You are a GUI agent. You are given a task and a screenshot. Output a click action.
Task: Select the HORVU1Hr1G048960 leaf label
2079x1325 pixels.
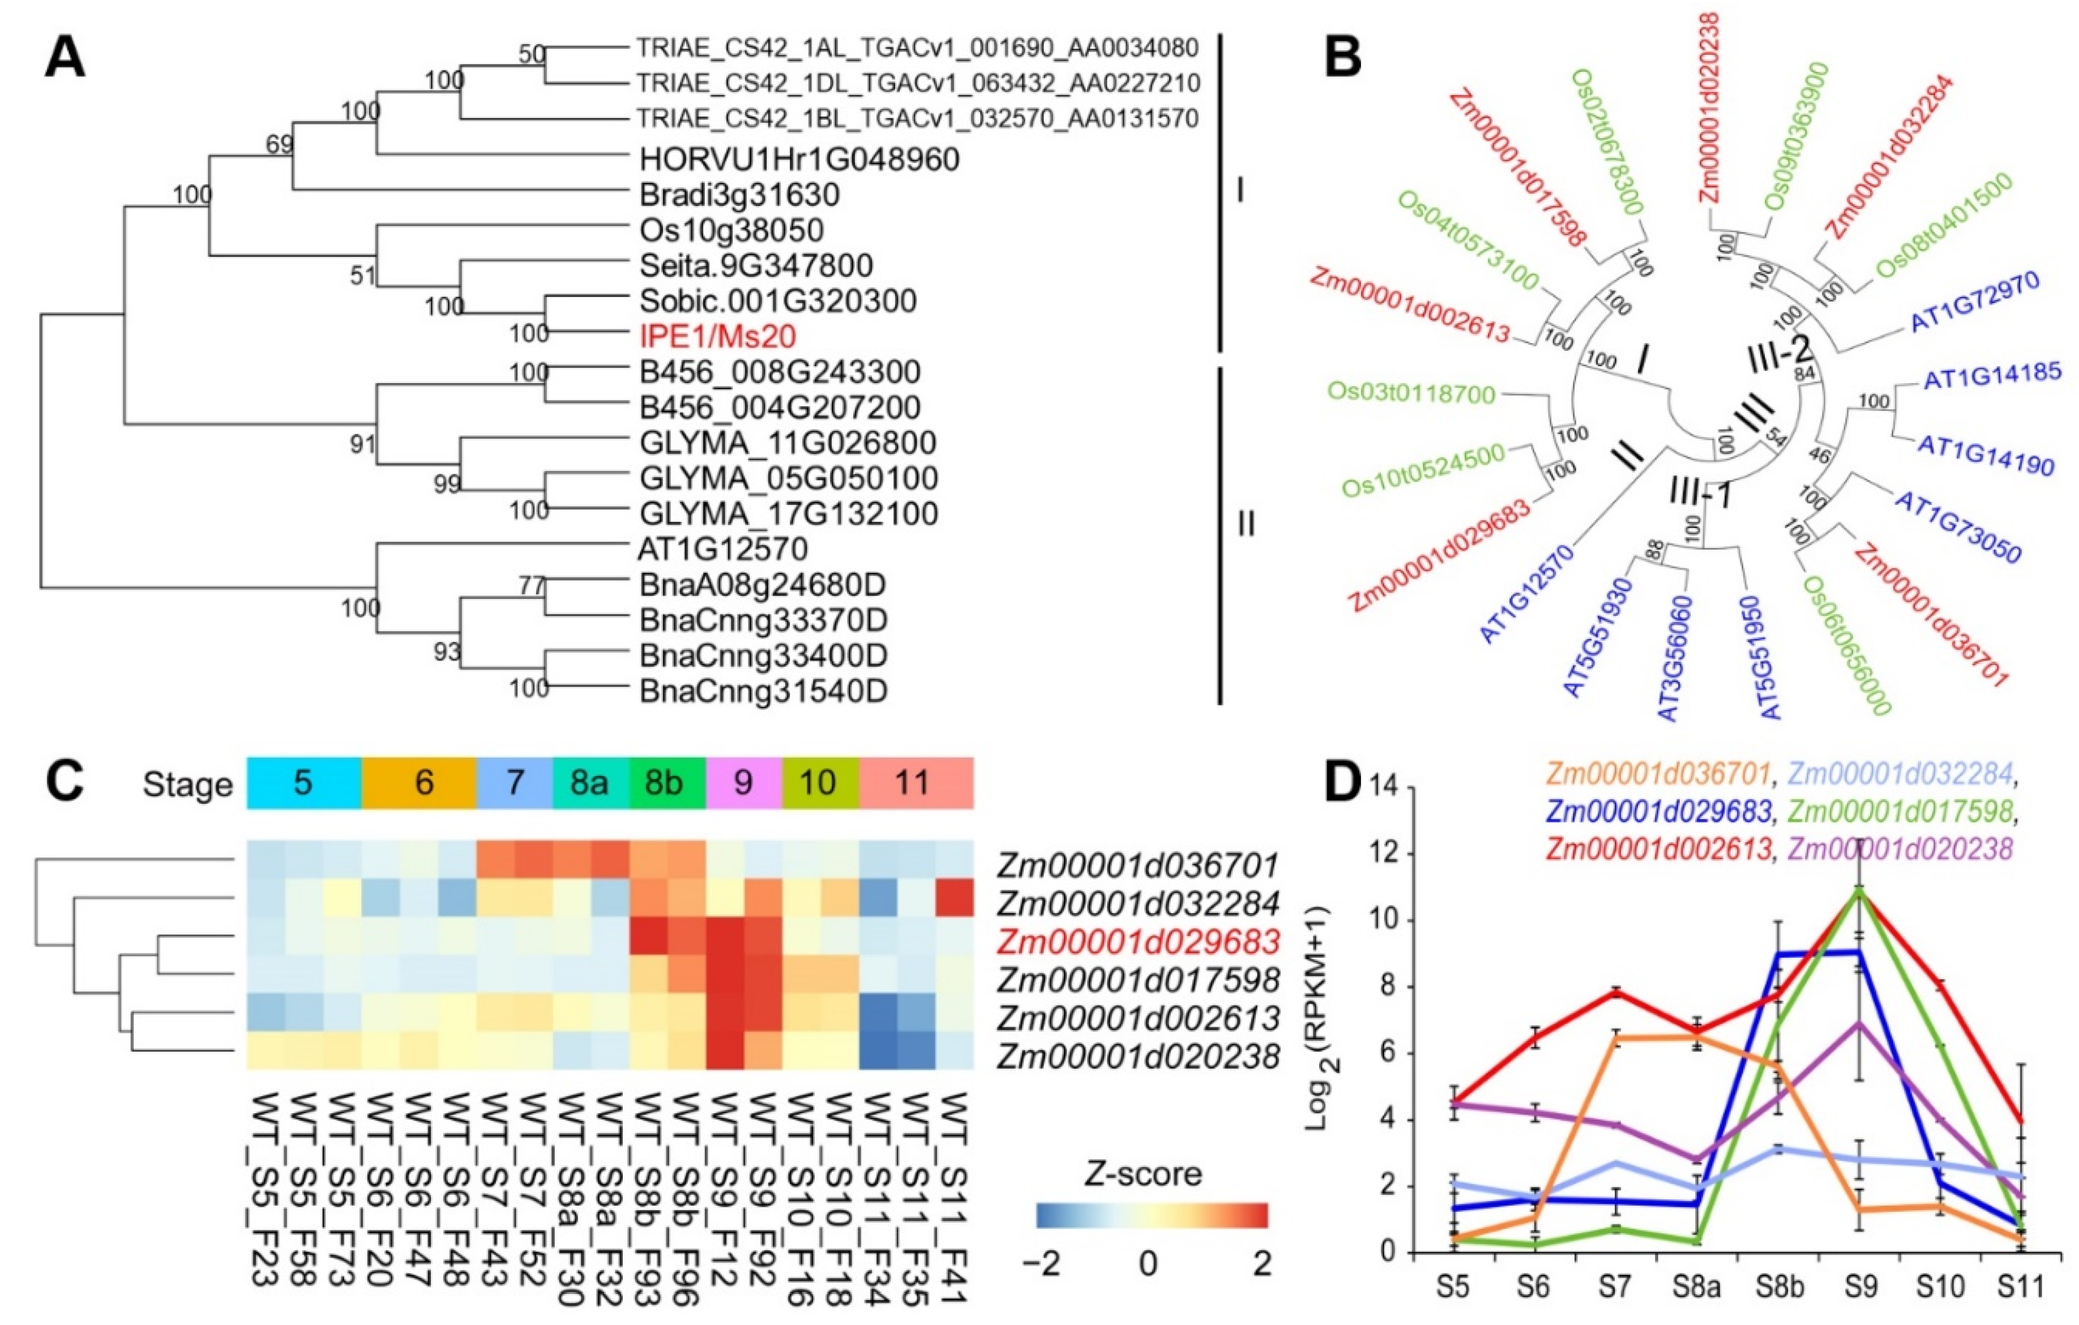tap(799, 160)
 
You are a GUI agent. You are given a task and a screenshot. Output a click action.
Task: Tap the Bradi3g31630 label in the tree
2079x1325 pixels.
tap(739, 195)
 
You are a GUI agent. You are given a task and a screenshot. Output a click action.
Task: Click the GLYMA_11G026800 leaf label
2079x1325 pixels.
tap(788, 443)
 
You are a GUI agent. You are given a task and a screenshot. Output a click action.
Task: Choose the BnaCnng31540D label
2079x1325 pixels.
tap(763, 691)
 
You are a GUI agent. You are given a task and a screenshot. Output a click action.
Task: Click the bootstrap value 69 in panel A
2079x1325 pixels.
tap(280, 144)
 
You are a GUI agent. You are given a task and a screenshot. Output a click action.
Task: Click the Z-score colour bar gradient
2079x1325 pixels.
tap(1152, 1215)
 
